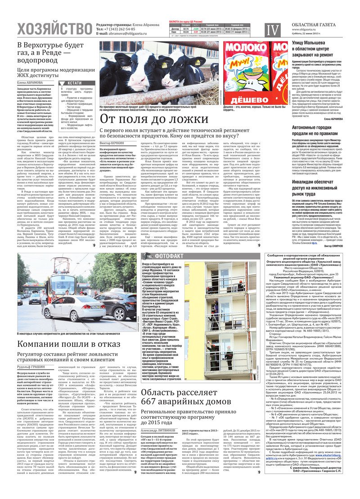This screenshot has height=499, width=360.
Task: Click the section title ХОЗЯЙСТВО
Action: [x=54, y=29]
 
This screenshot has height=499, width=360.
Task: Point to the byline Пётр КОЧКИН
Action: [x=112, y=142]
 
